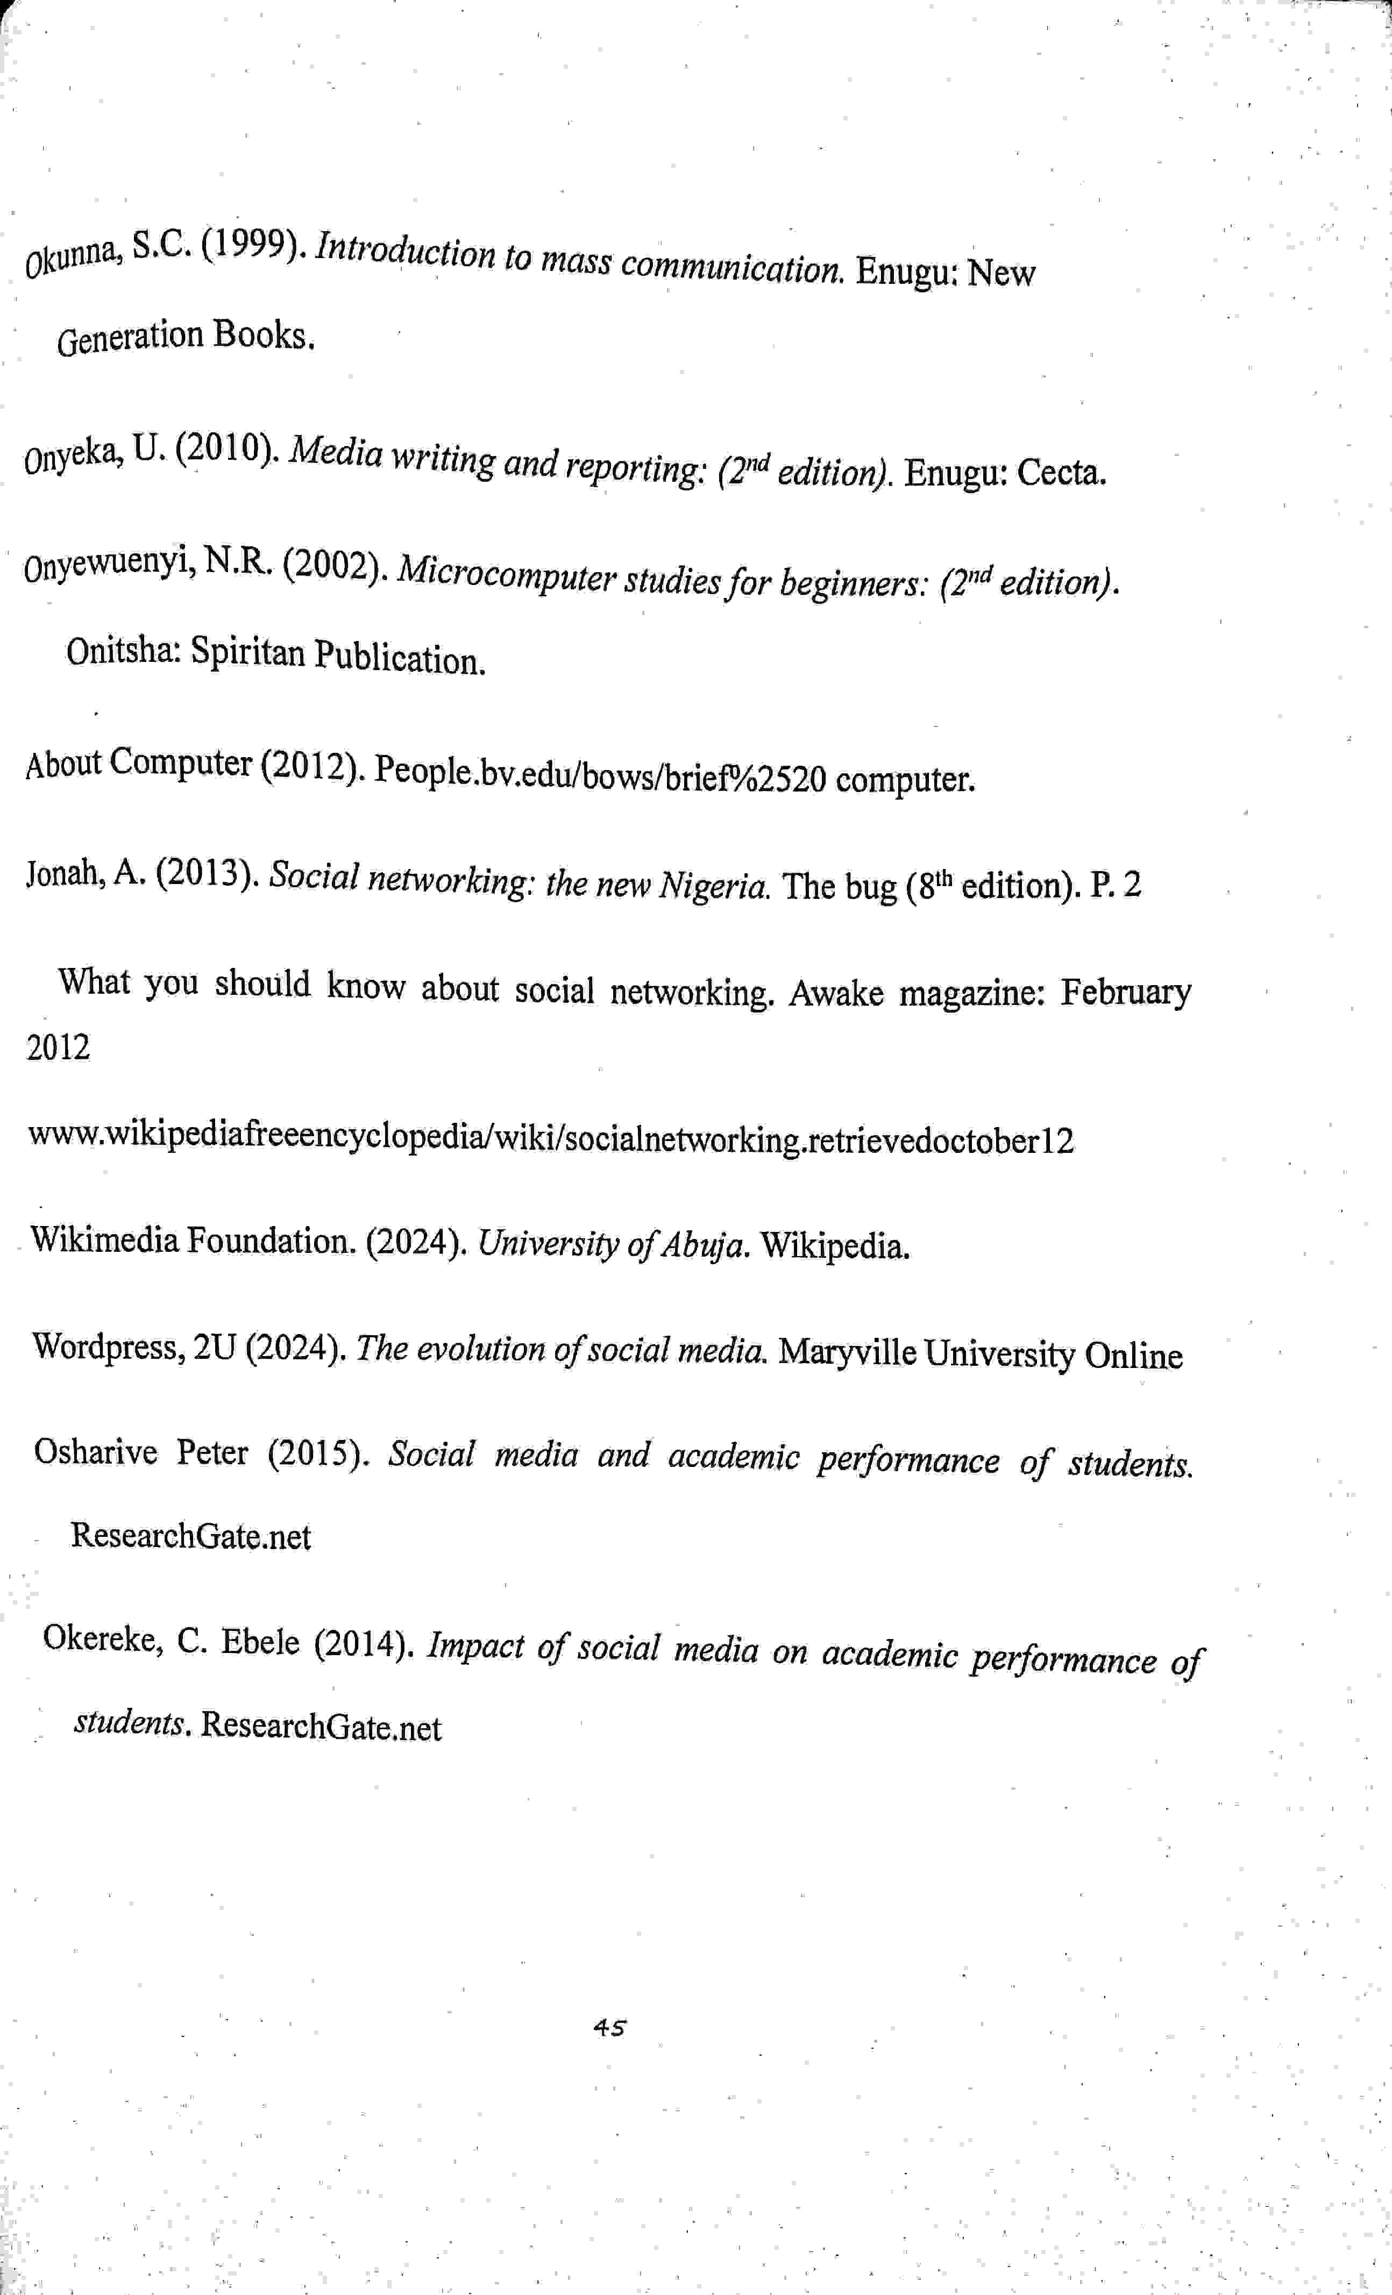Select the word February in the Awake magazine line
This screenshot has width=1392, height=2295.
[x=1126, y=992]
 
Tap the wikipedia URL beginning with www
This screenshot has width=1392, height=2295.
[x=550, y=1139]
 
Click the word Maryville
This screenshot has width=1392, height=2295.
[x=846, y=1352]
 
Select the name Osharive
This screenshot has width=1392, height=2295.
[x=95, y=1451]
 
